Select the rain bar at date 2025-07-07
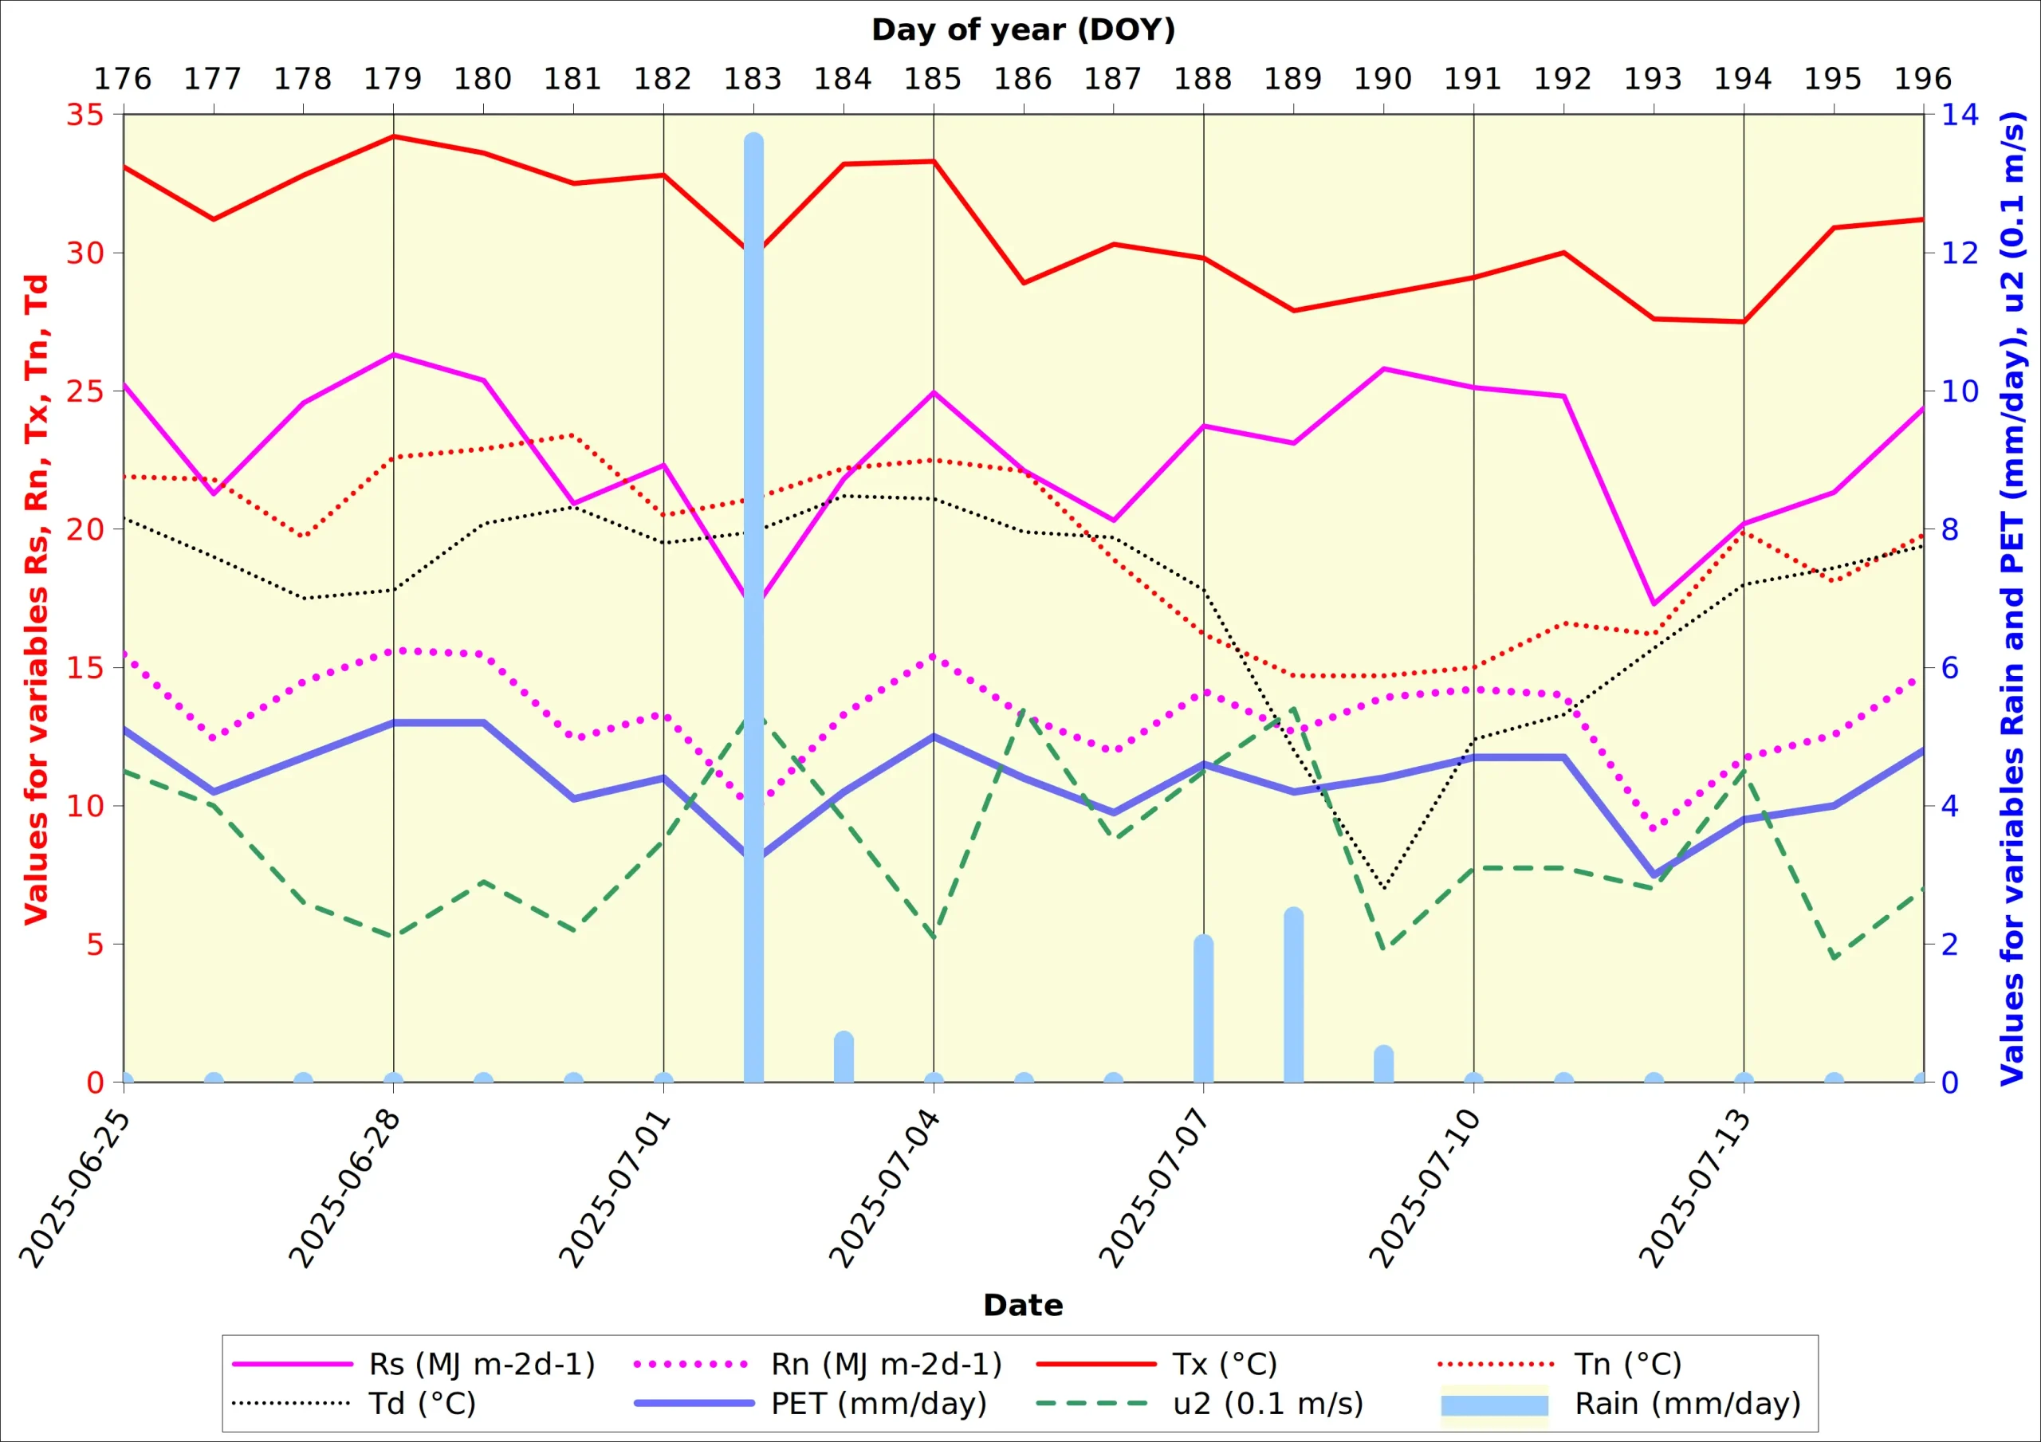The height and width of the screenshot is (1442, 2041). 1203,1010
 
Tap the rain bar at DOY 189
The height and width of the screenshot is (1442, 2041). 1293,996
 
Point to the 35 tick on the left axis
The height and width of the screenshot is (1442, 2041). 85,115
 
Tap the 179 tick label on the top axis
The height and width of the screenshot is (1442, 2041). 393,79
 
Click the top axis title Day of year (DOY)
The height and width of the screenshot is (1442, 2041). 1023,29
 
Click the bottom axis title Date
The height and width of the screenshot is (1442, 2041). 1023,1305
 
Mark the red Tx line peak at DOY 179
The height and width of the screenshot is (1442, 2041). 393,136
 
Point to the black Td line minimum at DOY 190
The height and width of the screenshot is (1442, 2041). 1384,887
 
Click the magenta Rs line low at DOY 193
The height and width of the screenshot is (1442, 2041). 1654,603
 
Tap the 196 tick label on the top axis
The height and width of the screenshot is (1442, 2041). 1922,79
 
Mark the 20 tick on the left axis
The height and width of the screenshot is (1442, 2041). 85,529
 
